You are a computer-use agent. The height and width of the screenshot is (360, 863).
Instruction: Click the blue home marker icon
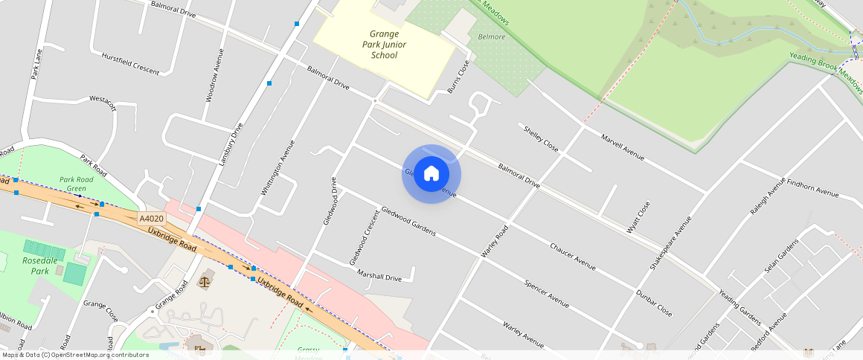pos(431,174)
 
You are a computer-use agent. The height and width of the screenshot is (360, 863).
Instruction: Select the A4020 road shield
pos(151,219)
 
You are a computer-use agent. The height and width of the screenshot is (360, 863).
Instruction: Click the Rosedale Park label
pos(35,266)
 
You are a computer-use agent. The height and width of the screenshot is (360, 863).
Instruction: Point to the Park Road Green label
pos(77,184)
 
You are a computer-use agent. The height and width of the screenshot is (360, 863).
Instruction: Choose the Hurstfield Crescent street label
pos(130,63)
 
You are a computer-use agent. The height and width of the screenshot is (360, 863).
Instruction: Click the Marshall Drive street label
pos(379,276)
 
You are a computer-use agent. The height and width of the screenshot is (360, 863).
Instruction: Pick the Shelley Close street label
pos(541,138)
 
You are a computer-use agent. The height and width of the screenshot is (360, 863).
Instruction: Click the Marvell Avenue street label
pos(622,147)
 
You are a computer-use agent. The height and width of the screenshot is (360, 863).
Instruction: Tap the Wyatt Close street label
pos(638,218)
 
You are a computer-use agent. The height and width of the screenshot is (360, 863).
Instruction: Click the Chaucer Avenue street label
pos(573,255)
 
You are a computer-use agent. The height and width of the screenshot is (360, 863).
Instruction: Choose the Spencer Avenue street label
pos(546,294)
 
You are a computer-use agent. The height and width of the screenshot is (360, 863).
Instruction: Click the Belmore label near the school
pos(491,37)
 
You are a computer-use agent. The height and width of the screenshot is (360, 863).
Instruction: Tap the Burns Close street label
pos(459,77)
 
